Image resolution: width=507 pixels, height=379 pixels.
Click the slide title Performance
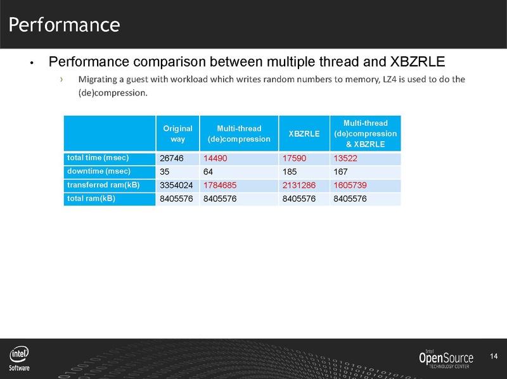[64, 25]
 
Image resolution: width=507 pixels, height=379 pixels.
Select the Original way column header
[177, 134]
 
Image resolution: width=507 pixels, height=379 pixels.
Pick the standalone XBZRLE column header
[304, 134]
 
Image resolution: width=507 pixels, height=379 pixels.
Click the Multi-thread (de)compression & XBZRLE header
[365, 134]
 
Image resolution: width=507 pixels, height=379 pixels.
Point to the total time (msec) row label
[96, 157]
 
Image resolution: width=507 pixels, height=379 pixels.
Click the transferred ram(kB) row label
[101, 185]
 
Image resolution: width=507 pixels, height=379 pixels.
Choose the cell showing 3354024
[175, 186]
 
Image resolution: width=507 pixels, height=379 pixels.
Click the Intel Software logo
[19, 359]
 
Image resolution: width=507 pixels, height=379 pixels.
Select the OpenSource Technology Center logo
[448, 359]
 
